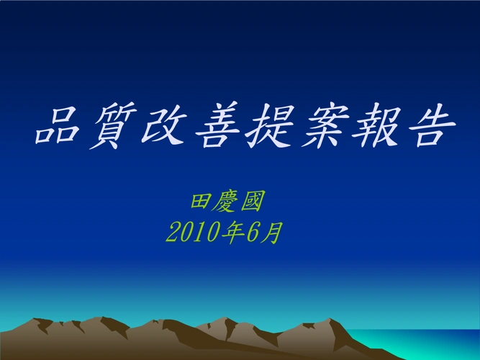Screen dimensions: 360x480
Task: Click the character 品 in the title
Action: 59,127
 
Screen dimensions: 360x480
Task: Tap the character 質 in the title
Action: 112,127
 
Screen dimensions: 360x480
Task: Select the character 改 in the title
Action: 166,127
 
